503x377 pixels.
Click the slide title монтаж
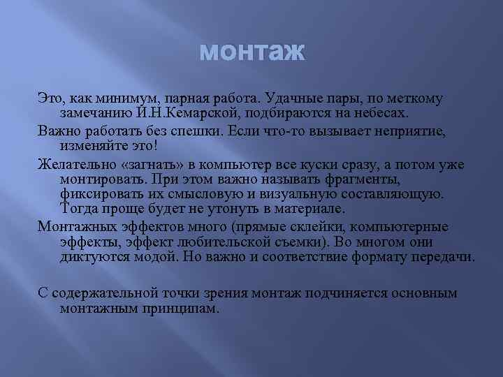point(252,52)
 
